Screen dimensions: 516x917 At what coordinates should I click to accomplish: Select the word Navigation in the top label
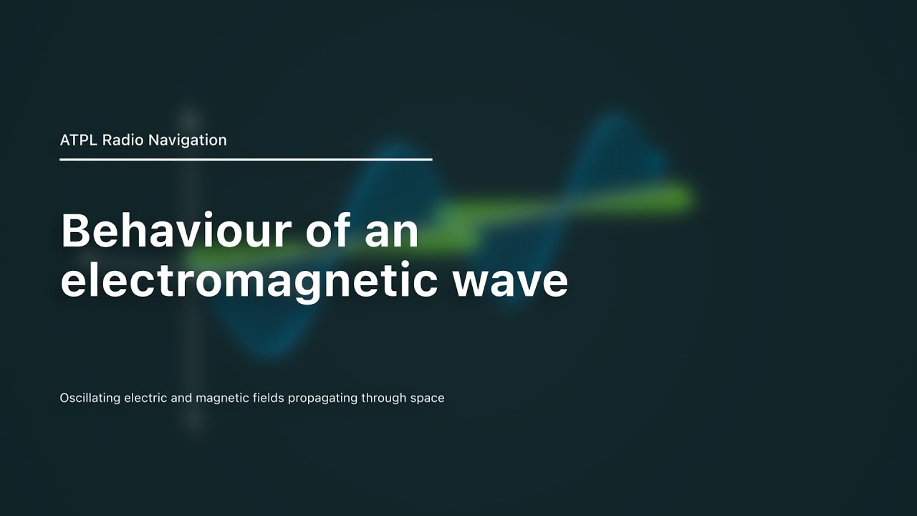188,140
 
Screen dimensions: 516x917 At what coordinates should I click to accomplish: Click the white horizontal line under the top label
246,159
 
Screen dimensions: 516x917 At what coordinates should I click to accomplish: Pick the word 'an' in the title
393,231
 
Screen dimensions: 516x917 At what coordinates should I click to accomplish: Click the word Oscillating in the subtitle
90,398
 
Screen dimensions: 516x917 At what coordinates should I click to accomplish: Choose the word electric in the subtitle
146,398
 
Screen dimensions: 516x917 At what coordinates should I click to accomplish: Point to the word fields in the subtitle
269,398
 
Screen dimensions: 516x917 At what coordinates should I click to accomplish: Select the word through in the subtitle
384,398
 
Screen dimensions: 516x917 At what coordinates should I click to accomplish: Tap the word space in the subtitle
428,398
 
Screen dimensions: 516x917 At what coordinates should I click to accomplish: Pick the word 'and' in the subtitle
181,398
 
